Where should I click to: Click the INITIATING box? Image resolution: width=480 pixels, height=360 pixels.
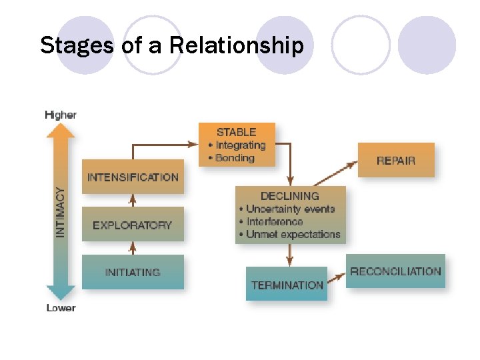point(133,272)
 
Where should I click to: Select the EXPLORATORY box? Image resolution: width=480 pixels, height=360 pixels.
point(133,225)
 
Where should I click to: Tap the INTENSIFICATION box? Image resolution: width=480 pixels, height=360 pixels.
point(133,177)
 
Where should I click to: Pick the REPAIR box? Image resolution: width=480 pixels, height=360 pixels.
point(396,160)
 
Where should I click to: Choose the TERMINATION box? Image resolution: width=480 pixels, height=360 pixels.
point(287,285)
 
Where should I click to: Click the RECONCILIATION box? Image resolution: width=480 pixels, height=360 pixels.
point(395,271)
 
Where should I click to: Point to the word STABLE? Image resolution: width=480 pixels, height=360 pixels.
point(236,132)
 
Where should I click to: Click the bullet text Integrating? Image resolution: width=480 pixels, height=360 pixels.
point(240,145)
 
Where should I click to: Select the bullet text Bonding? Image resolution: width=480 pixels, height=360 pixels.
point(235,158)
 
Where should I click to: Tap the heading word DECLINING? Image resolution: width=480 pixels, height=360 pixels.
point(290,196)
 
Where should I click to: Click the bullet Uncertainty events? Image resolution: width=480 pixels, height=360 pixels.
point(290,209)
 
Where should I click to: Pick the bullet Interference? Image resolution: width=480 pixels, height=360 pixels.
point(274,221)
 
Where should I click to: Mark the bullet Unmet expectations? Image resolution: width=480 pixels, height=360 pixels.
point(293,234)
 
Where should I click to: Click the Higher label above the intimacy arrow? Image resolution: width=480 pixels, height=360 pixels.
point(61,115)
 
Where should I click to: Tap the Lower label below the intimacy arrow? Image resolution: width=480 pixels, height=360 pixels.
point(61,308)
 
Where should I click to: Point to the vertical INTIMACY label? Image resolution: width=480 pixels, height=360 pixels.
point(61,212)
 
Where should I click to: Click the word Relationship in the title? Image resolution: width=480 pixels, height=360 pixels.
point(237,46)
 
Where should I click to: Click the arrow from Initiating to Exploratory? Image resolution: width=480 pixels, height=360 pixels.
point(133,247)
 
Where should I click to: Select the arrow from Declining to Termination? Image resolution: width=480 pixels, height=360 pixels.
point(290,254)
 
